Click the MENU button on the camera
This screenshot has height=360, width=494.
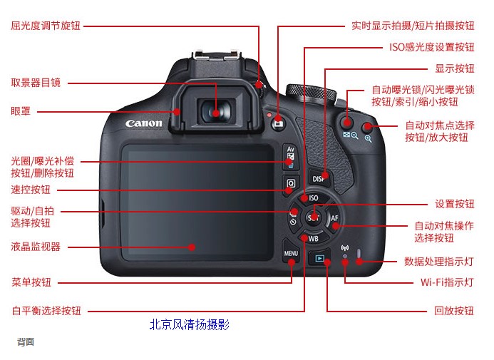[291, 252]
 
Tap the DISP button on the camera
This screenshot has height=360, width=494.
[319, 178]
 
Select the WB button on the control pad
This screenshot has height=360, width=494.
[313, 238]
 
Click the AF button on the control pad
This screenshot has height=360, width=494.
[334, 218]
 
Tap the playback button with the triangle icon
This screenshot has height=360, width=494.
[319, 258]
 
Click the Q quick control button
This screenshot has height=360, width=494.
[291, 184]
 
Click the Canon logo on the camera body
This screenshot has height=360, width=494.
[144, 123]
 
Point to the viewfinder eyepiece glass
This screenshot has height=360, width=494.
[216, 112]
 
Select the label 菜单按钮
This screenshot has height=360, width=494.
[31, 282]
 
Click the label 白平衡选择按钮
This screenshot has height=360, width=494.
[46, 311]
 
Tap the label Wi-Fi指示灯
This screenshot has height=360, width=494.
[447, 282]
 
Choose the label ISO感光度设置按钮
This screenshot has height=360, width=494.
[431, 47]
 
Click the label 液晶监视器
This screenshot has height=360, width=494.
[36, 247]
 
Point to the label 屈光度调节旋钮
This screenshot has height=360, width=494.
[46, 26]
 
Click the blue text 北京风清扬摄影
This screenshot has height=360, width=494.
[190, 324]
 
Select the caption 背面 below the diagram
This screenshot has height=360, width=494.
[26, 341]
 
